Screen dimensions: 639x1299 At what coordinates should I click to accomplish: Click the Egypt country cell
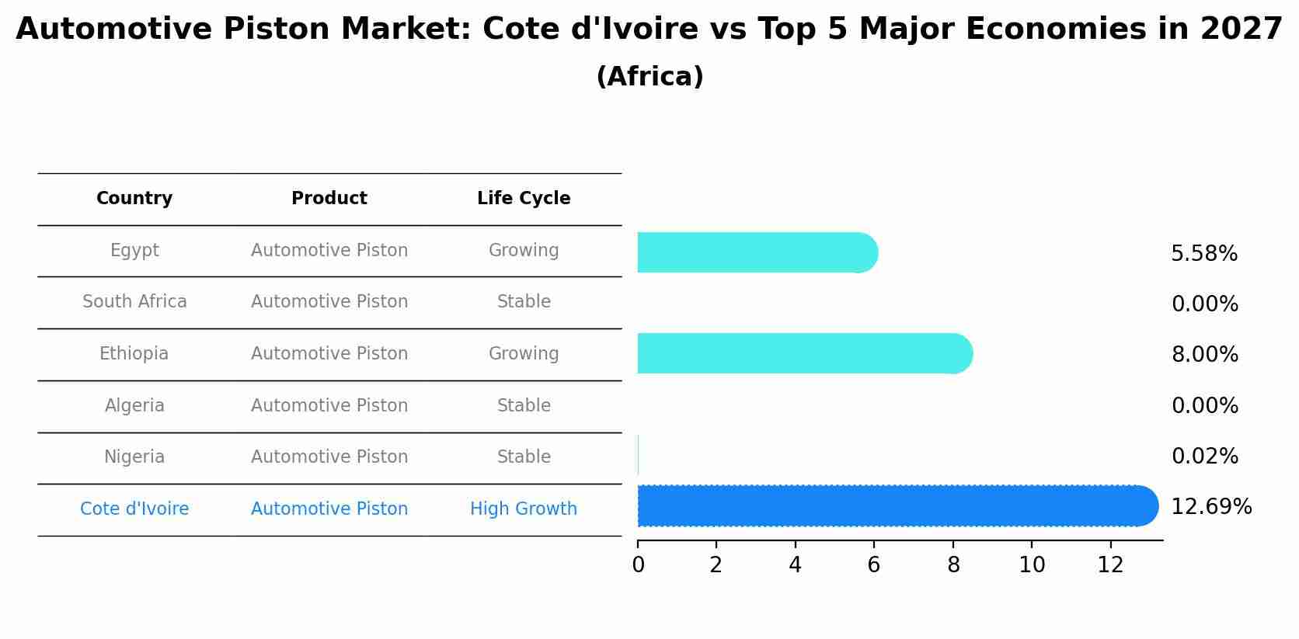(134, 251)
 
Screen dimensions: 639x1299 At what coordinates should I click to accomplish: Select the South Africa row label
(134, 302)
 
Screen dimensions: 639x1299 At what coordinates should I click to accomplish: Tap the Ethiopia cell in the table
(134, 354)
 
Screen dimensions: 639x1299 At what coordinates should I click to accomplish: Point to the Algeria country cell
(134, 406)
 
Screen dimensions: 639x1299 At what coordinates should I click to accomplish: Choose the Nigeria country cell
(134, 457)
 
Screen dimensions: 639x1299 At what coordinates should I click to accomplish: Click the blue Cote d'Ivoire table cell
(134, 509)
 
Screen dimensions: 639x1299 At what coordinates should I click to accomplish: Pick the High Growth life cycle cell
(524, 509)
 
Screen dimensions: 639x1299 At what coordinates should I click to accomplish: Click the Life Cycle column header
(524, 199)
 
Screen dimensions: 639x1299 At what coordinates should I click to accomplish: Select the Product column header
(329, 199)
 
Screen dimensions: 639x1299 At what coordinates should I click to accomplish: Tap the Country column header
(134, 199)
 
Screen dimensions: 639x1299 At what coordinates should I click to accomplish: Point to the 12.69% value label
(1211, 507)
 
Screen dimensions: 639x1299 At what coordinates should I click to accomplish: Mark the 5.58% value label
(1204, 254)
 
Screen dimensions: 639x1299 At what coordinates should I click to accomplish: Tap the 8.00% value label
(1205, 355)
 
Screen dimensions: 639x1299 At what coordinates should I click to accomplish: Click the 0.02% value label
(1205, 457)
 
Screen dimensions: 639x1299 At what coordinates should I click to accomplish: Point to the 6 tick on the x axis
(874, 565)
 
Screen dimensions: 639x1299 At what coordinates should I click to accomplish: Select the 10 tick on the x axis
(1032, 565)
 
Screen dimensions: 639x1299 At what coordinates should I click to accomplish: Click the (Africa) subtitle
(649, 77)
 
